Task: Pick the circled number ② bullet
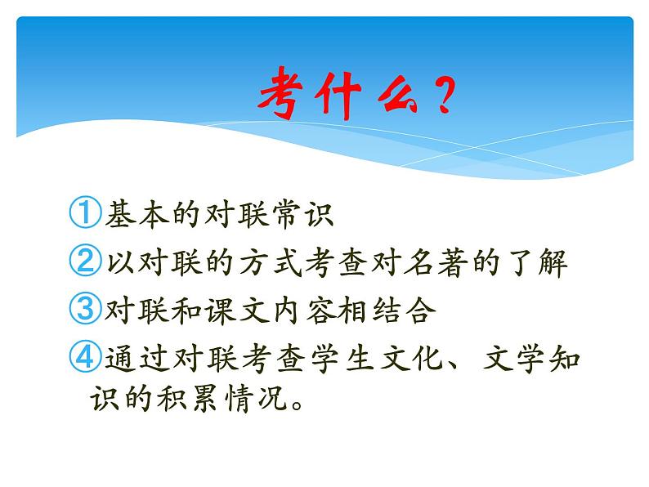tap(84, 262)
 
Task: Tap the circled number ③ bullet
tap(84, 311)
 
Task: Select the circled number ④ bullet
tap(84, 358)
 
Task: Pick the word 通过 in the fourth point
tap(132, 358)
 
